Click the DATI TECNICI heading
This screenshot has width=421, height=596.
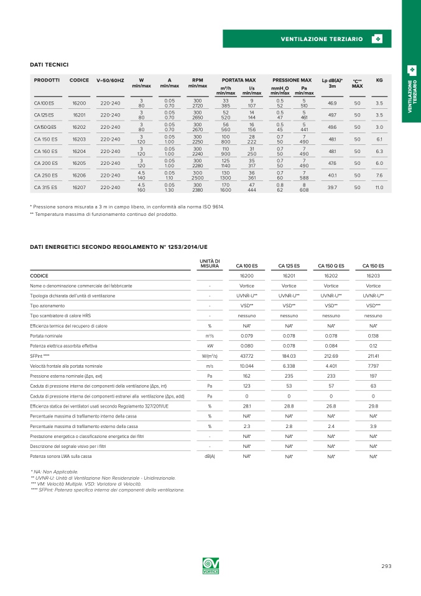(49, 65)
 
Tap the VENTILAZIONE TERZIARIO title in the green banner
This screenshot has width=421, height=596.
(322, 39)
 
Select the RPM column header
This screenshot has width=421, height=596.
(198, 80)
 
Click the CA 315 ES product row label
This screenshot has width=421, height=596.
(45, 187)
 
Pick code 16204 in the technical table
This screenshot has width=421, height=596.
(79, 151)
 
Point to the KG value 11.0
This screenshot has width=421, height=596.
(379, 187)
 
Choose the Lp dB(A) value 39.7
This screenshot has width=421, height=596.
(332, 187)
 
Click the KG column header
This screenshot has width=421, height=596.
(379, 80)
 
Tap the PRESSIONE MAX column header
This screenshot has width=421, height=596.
(292, 80)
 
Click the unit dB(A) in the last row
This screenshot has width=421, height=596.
(210, 457)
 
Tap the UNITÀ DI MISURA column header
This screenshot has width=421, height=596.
(210, 263)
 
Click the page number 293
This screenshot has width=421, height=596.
(386, 566)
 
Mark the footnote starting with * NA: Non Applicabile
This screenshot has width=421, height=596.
(55, 472)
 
